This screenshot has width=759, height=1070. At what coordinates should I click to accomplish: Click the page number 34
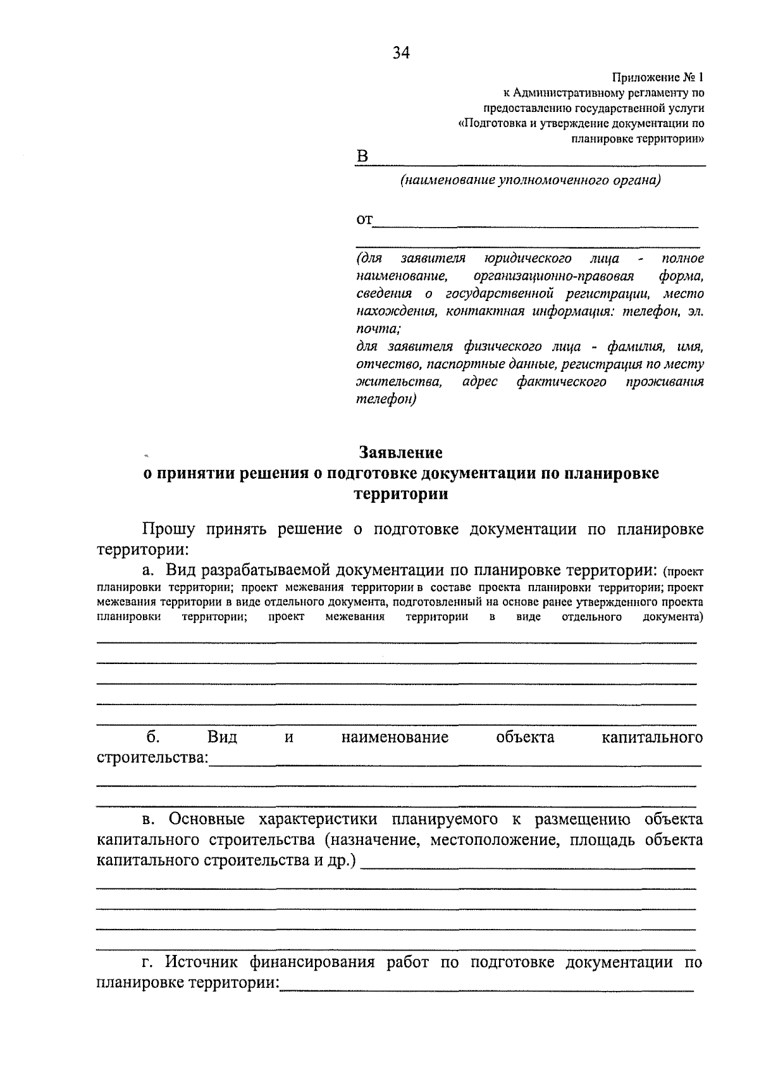coord(401,53)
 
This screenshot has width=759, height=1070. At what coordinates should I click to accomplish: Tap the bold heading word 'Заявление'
coord(401,453)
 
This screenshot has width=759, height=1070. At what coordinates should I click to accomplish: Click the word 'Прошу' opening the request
coord(169,529)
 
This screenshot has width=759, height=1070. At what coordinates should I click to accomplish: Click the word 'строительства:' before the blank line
coord(152,758)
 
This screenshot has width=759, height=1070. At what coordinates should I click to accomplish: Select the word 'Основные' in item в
coord(207,820)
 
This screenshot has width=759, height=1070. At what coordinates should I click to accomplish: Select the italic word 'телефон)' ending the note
coord(386,399)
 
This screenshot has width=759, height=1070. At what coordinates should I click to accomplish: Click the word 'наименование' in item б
coord(395,737)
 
